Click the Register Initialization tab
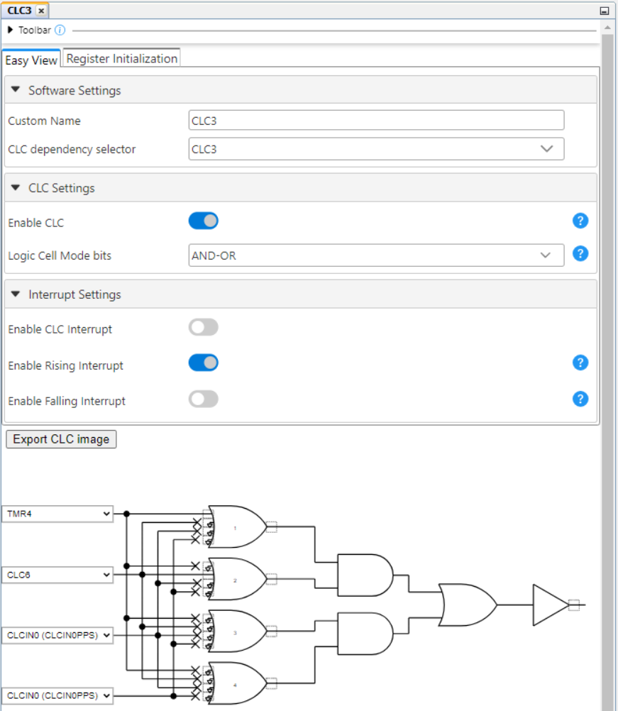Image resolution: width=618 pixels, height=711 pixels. coord(121,59)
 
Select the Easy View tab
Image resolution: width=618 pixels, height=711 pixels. coord(31,60)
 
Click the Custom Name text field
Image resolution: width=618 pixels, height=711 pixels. coord(376,121)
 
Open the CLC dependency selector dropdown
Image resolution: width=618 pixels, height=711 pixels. coord(376,149)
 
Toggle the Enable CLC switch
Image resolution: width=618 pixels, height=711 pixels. coord(204,221)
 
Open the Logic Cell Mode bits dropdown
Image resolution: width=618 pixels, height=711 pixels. coord(376,255)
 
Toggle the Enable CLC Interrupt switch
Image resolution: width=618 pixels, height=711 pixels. coord(204,328)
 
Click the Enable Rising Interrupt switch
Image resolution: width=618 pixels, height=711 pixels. coord(204,363)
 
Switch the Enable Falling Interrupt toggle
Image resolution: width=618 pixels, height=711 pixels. coord(204,399)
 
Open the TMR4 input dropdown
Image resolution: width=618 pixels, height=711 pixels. coord(57,514)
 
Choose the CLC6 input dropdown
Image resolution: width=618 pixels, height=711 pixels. coord(57,575)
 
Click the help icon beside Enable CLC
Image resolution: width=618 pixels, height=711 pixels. coord(580,221)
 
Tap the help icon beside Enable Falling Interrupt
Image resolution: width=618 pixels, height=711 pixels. coord(580,399)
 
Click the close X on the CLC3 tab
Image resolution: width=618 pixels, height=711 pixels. coord(41,11)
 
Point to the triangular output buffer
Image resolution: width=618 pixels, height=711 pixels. coord(550,605)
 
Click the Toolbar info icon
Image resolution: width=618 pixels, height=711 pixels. coord(60,31)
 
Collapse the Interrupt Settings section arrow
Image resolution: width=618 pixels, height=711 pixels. coord(16,294)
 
